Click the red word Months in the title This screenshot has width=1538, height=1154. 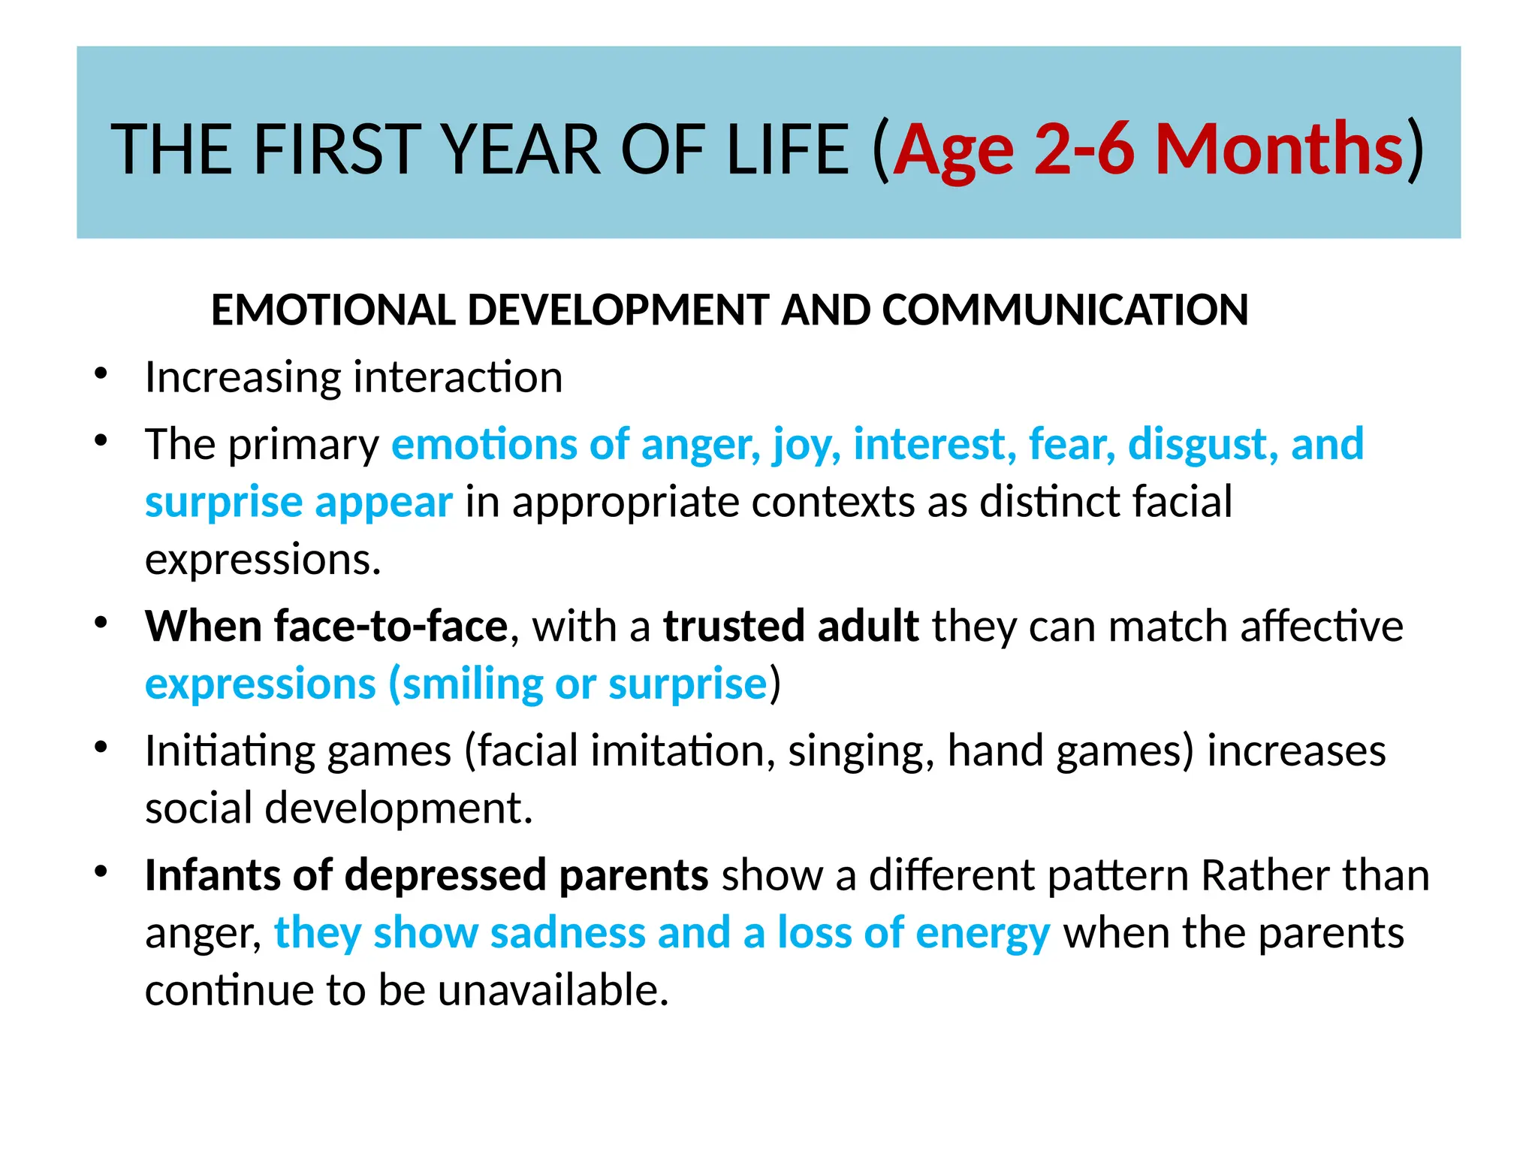1278,150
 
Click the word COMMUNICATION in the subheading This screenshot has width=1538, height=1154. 1065,310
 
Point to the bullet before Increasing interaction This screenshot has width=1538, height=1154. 102,373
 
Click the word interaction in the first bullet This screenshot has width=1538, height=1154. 458,377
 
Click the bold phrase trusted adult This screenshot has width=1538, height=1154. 791,626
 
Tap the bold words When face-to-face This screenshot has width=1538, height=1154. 327,626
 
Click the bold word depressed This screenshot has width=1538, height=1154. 445,875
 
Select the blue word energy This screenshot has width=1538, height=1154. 982,935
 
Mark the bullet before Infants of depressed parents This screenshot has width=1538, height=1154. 102,872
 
